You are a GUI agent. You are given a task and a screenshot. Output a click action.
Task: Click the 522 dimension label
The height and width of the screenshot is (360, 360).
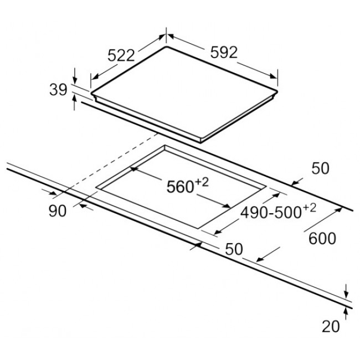tap(121, 55)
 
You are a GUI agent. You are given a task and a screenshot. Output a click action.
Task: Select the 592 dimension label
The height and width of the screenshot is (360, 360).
tap(224, 53)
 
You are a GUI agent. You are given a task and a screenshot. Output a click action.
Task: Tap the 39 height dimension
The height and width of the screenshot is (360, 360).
tap(58, 90)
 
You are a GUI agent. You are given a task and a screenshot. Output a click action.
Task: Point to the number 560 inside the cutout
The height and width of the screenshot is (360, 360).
tap(180, 187)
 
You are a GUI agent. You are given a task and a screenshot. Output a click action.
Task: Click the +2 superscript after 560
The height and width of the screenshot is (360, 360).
tap(202, 183)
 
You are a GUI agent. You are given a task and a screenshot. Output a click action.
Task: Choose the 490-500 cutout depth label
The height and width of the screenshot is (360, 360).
tap(271, 212)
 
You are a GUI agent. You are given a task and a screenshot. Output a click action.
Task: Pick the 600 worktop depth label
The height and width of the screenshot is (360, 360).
tap(322, 239)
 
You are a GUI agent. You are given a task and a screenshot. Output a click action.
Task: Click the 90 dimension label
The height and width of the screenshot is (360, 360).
tap(58, 211)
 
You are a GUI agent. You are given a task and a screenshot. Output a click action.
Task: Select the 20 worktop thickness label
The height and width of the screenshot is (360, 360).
tap(331, 326)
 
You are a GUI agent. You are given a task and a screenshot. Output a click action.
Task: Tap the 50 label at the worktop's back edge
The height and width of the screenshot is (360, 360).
tap(320, 168)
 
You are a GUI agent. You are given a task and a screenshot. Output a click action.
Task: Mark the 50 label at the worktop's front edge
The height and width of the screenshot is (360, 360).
tap(234, 249)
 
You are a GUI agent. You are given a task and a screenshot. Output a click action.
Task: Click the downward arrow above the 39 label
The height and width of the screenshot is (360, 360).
tap(74, 76)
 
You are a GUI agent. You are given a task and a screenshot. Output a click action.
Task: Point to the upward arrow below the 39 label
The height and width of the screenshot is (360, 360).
tap(74, 103)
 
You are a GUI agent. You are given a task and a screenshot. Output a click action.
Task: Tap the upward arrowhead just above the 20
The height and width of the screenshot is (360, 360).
tap(346, 311)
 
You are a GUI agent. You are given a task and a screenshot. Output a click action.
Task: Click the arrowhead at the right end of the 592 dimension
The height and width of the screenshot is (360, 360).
tap(274, 76)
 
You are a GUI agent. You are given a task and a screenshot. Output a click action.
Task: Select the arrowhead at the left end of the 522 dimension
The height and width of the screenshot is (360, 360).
tap(95, 76)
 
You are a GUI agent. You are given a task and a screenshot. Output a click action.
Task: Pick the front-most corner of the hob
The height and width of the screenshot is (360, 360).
tap(201, 142)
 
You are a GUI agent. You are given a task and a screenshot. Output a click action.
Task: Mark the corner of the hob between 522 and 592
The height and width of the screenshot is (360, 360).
tap(167, 47)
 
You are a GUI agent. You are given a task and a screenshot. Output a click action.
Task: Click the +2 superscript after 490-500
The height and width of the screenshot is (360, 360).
tap(309, 208)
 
